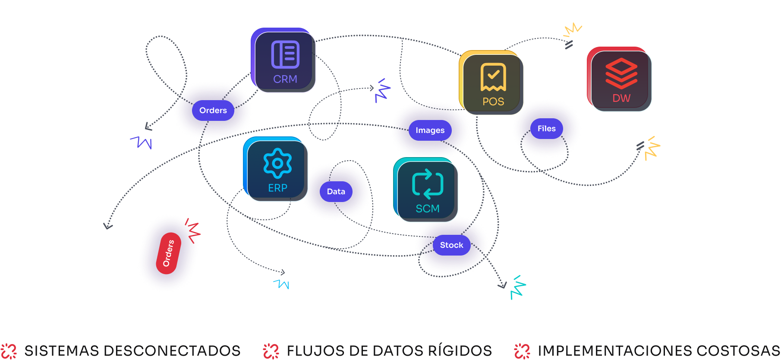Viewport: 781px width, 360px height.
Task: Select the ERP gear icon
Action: click(277, 163)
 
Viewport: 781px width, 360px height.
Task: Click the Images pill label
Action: click(430, 130)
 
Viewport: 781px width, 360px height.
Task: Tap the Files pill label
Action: click(546, 129)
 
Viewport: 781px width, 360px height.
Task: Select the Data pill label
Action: click(336, 192)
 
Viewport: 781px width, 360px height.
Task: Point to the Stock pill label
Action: click(451, 245)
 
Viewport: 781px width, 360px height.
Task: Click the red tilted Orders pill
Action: click(168, 253)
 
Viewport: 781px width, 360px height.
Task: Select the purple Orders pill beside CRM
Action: click(213, 111)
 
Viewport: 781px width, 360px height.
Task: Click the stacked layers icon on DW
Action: click(621, 73)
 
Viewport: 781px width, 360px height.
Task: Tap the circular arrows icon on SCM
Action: click(428, 183)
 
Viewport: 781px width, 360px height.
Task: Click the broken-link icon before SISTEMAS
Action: click(9, 351)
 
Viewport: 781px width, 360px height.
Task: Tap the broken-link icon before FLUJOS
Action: click(271, 351)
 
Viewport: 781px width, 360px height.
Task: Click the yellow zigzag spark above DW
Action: click(573, 29)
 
